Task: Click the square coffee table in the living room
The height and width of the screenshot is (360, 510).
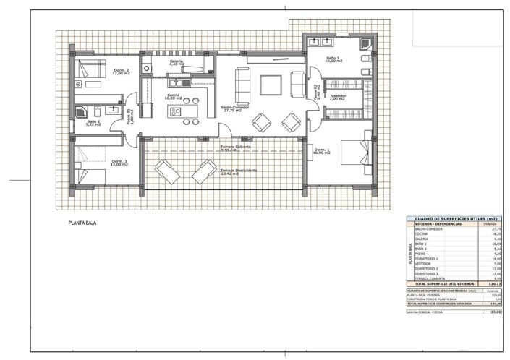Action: pos(272,85)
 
